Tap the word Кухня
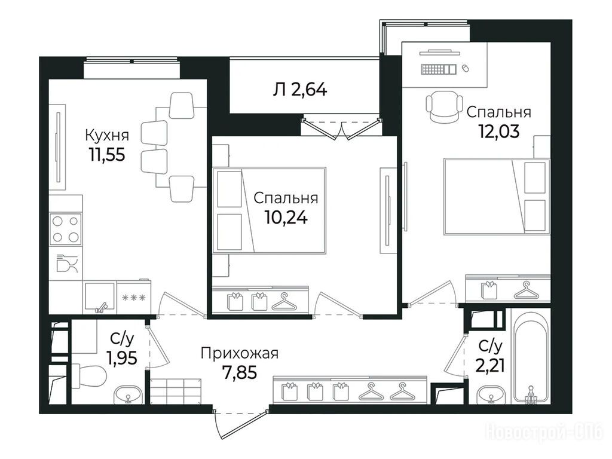pos(107,136)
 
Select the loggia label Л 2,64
pos(300,90)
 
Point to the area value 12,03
pos(499,131)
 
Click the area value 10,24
pos(286,218)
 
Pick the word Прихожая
pos(240,354)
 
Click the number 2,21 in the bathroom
pos(490,366)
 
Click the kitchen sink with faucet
pos(100,298)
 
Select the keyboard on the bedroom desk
pos(438,69)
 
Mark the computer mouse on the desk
pos(465,68)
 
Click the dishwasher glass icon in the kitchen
pos(67,263)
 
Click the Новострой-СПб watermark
pos(544,433)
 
